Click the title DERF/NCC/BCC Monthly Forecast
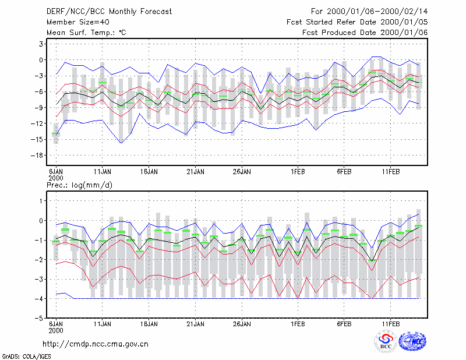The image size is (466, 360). [109, 12]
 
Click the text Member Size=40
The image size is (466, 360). [78, 22]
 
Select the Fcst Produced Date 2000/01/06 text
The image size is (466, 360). [365, 33]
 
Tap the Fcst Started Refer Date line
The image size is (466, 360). [357, 22]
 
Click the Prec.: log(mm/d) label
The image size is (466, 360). [79, 185]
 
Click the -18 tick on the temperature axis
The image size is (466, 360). [37, 155]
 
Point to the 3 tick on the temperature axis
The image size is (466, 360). [41, 44]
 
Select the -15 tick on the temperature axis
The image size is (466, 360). [37, 139]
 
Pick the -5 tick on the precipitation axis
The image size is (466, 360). [39, 318]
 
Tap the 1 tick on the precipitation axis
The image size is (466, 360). [41, 201]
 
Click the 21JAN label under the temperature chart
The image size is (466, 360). [195, 172]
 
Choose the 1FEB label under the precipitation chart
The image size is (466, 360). [298, 324]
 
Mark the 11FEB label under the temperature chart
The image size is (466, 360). [390, 172]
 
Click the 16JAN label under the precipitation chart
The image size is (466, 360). [149, 324]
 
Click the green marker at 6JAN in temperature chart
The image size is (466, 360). [56, 133]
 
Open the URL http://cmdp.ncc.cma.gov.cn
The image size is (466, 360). [96, 344]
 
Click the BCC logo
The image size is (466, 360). [386, 341]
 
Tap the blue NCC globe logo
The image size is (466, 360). [412, 341]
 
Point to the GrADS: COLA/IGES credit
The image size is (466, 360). [26, 357]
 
